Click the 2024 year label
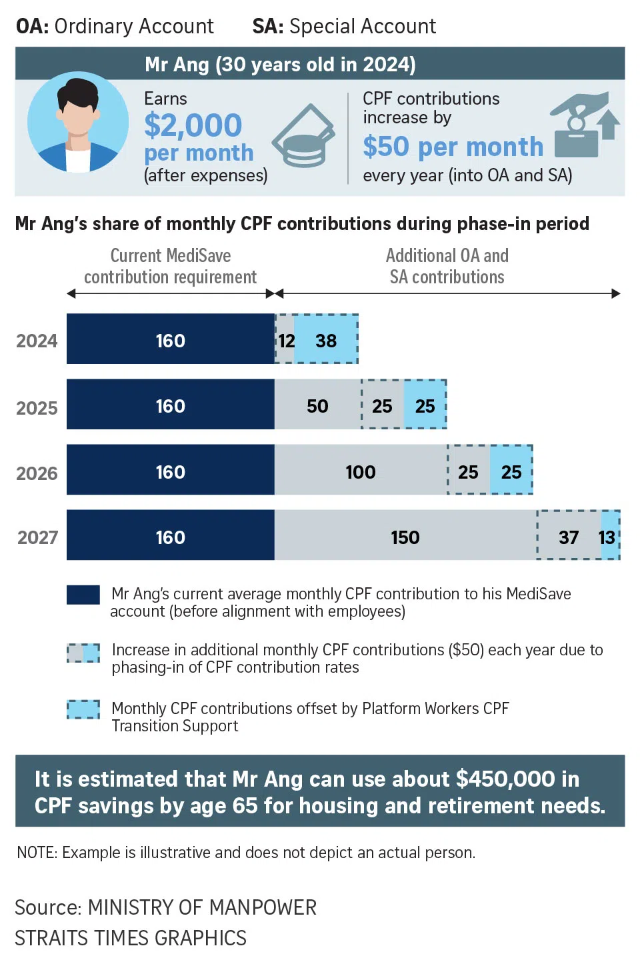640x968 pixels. click(37, 341)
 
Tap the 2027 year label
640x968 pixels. click(37, 537)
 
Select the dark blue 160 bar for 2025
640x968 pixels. click(170, 405)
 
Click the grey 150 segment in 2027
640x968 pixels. click(405, 537)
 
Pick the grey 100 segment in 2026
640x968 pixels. click(360, 472)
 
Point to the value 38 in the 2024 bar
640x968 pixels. click(326, 341)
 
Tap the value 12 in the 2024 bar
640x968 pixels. click(286, 341)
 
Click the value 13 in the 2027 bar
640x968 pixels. click(607, 537)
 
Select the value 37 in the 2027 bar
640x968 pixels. click(569, 537)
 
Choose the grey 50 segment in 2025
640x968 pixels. click(317, 406)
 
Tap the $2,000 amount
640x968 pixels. click(193, 125)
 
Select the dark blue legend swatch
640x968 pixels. click(83, 595)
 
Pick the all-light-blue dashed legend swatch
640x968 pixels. click(83, 709)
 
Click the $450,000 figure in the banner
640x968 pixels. click(505, 779)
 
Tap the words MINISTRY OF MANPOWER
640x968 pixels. click(202, 907)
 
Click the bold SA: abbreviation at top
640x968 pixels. click(267, 27)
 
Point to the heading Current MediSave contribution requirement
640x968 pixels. click(170, 266)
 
